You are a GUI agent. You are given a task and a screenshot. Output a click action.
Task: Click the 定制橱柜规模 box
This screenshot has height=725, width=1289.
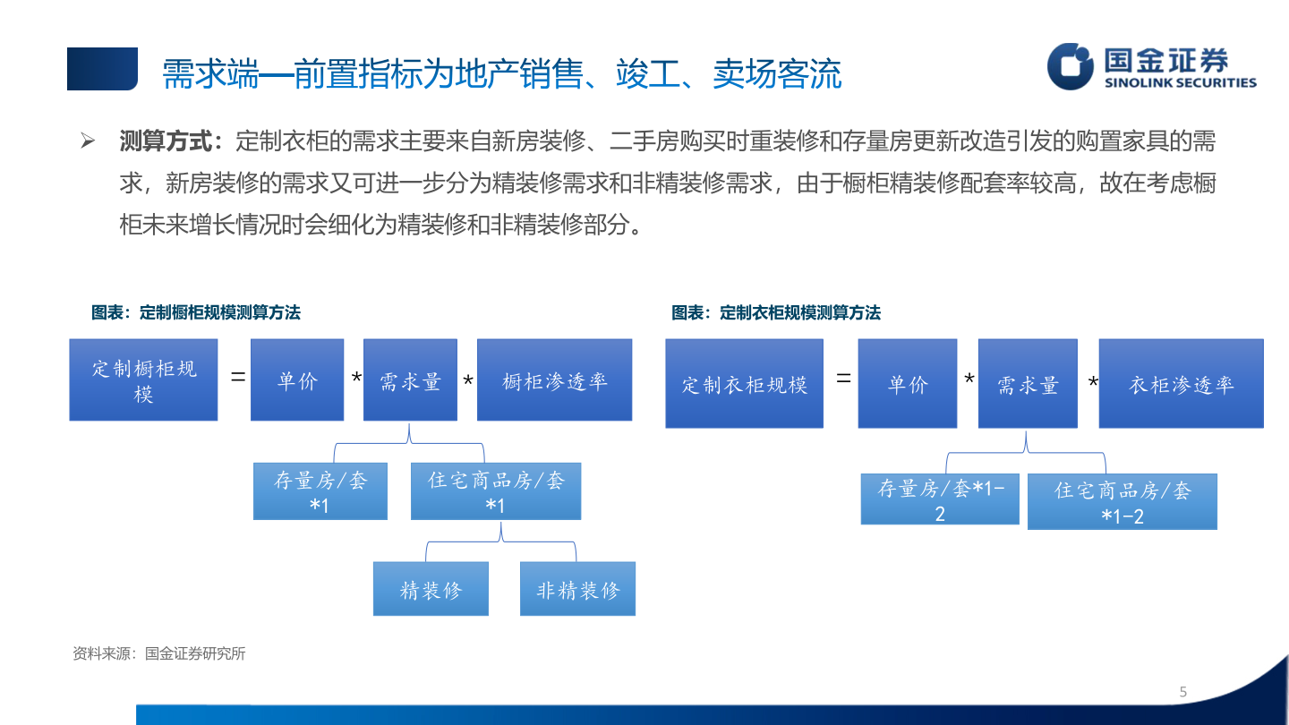tap(143, 380)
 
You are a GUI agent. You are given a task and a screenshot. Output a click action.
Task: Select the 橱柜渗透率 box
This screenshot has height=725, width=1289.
tap(554, 380)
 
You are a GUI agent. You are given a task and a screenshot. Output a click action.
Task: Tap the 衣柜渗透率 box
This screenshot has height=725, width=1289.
tap(1181, 383)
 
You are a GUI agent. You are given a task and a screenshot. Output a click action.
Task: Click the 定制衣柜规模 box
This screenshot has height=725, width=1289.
tap(744, 383)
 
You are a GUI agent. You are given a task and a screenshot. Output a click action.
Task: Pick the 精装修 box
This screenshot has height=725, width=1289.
tap(431, 589)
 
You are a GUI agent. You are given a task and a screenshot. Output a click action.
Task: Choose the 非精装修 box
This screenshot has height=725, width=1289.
tap(577, 589)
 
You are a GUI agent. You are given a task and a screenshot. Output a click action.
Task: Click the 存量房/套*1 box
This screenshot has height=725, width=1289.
tap(320, 490)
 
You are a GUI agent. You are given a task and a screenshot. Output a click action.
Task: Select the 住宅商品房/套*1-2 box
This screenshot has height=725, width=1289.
tap(1122, 502)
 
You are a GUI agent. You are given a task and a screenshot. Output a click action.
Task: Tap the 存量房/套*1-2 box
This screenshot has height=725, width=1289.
tap(939, 499)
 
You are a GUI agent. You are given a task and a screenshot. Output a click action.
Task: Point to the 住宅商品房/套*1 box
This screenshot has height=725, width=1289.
tap(495, 490)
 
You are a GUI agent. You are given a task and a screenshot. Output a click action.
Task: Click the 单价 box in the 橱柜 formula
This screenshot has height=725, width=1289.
tap(297, 380)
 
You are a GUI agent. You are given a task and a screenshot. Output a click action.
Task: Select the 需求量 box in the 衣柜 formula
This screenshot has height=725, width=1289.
tap(1028, 383)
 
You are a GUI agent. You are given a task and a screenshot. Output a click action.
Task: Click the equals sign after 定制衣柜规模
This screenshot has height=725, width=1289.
tap(843, 379)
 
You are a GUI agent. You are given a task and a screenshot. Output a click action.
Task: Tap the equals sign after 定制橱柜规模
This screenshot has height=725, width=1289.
tap(238, 378)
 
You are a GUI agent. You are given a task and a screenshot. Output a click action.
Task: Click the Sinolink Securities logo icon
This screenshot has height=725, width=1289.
tap(1071, 66)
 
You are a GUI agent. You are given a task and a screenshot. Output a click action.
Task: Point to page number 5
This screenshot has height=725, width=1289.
tap(1183, 692)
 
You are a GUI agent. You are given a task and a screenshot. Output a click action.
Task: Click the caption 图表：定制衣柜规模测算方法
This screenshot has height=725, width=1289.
tap(775, 312)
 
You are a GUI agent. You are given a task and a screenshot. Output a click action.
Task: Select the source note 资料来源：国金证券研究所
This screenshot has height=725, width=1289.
tap(159, 653)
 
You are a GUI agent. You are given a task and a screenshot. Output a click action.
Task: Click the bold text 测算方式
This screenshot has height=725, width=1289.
tap(168, 141)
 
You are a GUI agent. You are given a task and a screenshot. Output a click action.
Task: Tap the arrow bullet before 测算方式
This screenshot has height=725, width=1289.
tap(88, 141)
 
